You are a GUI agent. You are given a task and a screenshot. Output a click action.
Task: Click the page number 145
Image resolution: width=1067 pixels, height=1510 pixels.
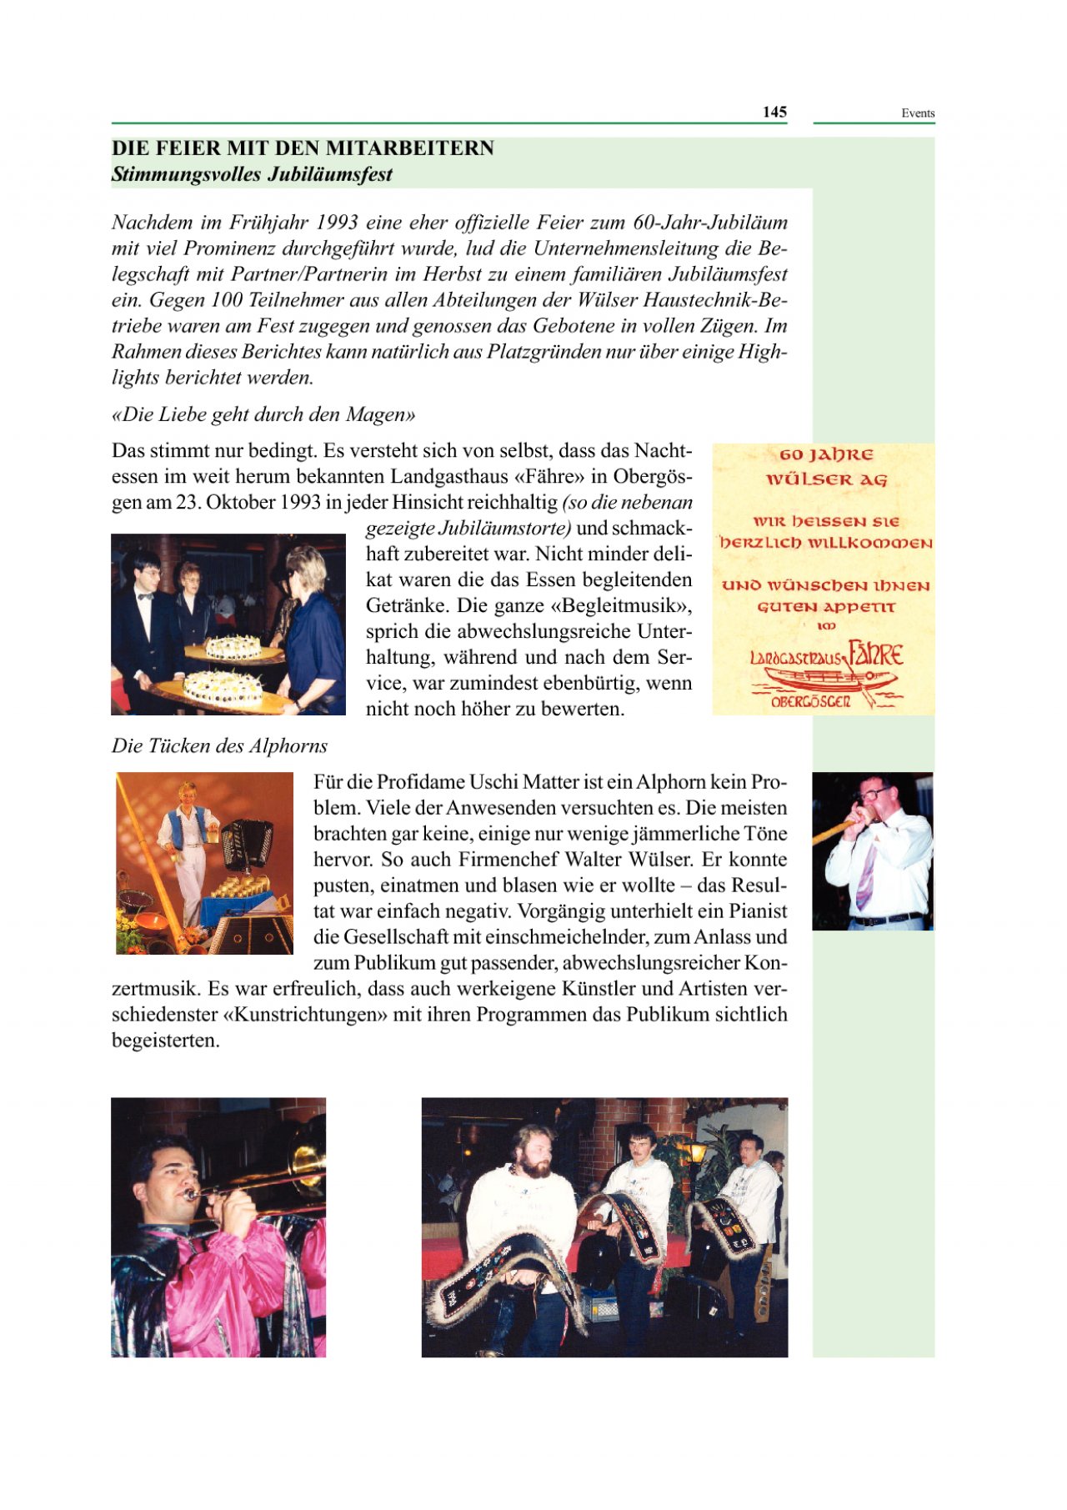click(774, 112)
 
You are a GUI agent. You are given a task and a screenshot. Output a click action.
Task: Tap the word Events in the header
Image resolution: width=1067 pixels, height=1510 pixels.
click(917, 113)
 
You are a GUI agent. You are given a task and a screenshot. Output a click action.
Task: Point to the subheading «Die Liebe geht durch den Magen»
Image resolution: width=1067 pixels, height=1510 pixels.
click(263, 414)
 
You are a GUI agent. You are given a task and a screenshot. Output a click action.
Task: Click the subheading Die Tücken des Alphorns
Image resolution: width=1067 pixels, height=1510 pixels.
click(219, 745)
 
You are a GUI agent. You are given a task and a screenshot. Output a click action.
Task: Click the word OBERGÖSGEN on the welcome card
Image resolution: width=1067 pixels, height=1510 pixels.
click(810, 702)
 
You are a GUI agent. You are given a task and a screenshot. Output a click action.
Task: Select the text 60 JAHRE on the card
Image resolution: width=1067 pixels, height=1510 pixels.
click(826, 455)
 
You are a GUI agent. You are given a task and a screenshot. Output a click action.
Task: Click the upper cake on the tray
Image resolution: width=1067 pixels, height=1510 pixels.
click(233, 647)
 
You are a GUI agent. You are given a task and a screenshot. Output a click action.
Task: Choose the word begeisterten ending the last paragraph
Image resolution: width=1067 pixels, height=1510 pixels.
click(165, 1041)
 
